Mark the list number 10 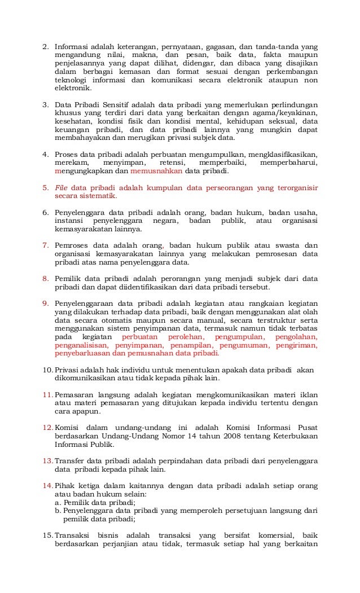tap(47, 370)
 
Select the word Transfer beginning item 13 tap(72, 461)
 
